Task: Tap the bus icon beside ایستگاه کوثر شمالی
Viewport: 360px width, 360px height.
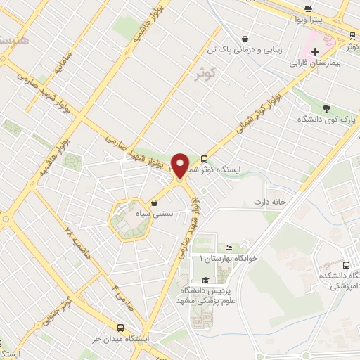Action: pyautogui.click(x=204, y=159)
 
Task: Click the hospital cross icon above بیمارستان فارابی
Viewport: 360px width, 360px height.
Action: pyautogui.click(x=316, y=51)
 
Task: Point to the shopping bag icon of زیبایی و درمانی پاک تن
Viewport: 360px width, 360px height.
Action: pyautogui.click(x=243, y=39)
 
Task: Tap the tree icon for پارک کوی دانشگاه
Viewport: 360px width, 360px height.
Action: pyautogui.click(x=327, y=109)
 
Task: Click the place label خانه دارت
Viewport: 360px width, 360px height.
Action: pyautogui.click(x=271, y=202)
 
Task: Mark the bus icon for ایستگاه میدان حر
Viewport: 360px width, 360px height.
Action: pyautogui.click(x=121, y=328)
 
